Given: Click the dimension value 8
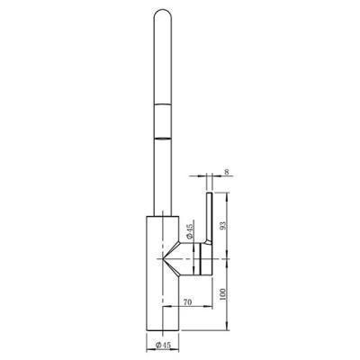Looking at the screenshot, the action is (227, 172).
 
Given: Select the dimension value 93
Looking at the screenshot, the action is (223, 225).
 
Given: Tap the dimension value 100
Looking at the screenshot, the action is (222, 294).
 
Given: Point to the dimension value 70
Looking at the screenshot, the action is (187, 302).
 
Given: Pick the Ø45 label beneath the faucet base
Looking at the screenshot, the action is (163, 346).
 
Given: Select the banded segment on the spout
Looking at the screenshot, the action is (163, 121).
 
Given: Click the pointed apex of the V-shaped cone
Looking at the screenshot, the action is (163, 258).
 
